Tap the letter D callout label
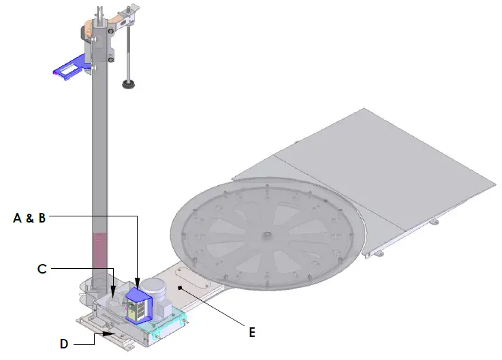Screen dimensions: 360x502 [64, 344]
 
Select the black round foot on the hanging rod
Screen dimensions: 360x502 [127, 84]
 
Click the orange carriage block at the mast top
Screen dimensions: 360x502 [89, 30]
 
